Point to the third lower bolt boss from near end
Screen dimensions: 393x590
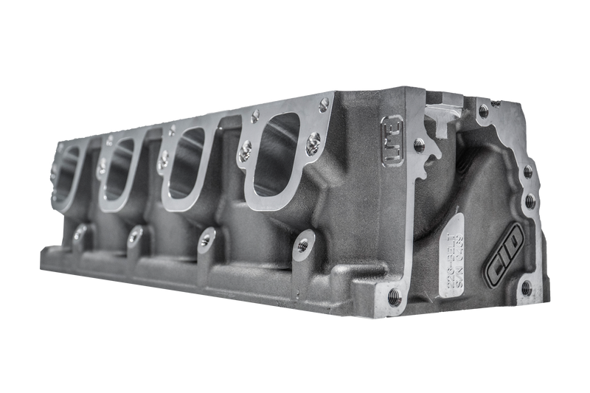pyautogui.click(x=134, y=234)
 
